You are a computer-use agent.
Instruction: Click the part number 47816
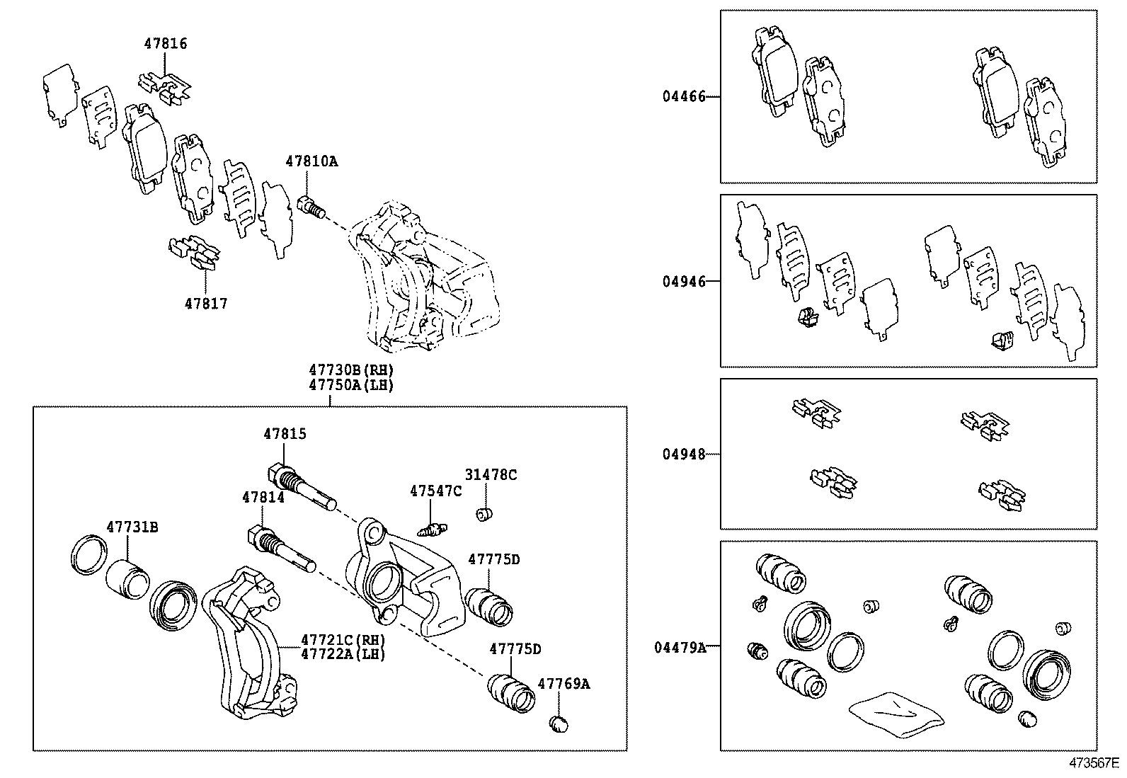[x=166, y=44]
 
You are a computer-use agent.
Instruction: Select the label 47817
[x=206, y=304]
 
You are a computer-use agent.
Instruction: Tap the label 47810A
[x=311, y=161]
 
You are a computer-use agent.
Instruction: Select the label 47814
[x=263, y=498]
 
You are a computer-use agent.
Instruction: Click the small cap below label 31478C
[x=485, y=513]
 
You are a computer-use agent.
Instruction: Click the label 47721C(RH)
[x=343, y=639]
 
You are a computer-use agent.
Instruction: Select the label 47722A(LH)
[x=343, y=654]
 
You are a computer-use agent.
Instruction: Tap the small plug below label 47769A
[x=559, y=723]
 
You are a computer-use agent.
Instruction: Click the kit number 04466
[x=684, y=96]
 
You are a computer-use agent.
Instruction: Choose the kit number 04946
[x=684, y=282]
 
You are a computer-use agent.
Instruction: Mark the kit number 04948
[x=684, y=454]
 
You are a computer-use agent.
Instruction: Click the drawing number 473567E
[x=1094, y=764]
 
